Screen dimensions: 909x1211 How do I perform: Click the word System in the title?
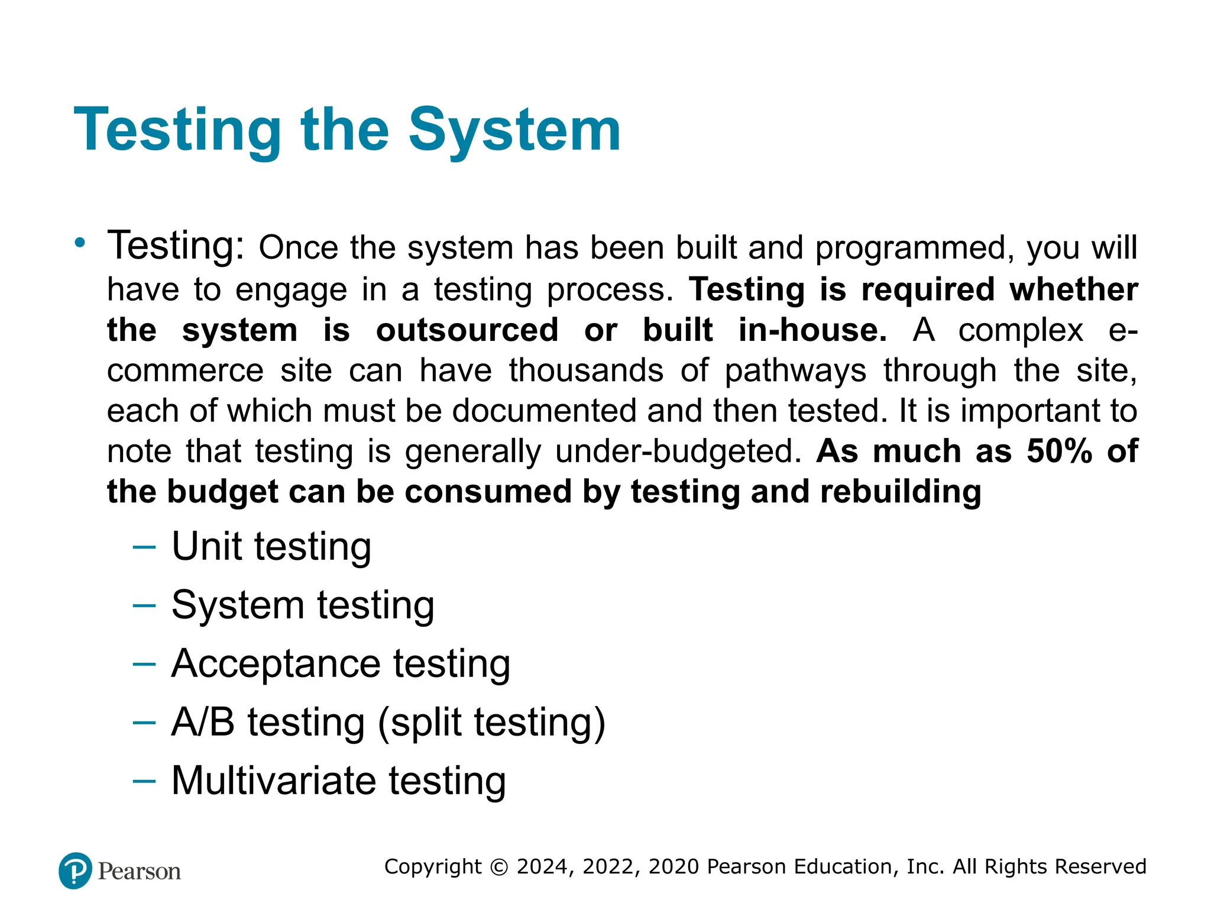[514, 130]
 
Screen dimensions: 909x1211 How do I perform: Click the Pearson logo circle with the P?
[76, 871]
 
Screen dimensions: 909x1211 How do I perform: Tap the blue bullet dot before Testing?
[80, 242]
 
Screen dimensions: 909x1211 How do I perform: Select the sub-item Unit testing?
[271, 546]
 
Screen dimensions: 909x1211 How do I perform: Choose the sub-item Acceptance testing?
[341, 663]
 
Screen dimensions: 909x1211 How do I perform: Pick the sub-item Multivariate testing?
[338, 781]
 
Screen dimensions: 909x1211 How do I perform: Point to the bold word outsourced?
[467, 330]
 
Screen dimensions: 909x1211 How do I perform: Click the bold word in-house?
[812, 330]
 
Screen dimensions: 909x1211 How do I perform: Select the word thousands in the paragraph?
[586, 370]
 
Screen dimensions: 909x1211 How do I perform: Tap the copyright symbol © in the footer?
[499, 867]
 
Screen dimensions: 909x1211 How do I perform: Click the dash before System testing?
[144, 605]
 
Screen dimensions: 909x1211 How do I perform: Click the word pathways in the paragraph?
[795, 370]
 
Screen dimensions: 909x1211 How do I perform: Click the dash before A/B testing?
[144, 723]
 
